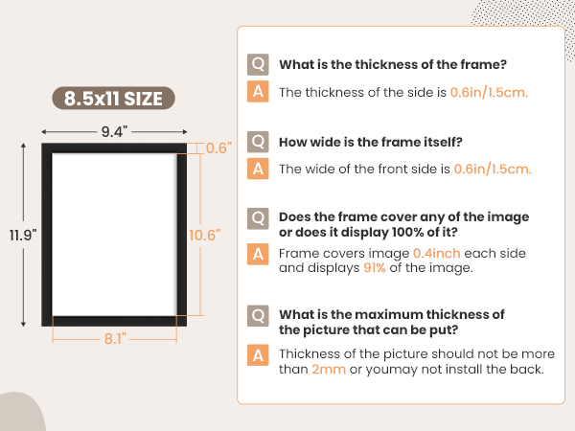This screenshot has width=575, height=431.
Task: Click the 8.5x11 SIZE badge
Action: [113, 99]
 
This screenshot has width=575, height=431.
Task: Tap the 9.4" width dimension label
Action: [114, 131]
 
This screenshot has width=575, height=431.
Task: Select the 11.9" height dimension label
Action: [23, 236]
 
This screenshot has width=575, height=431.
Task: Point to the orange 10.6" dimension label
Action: [205, 236]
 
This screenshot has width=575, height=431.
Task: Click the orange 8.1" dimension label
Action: [115, 339]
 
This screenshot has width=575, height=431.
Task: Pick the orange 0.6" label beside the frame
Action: [218, 148]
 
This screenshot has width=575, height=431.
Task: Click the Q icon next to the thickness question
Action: [258, 64]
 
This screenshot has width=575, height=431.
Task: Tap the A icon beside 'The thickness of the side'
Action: [258, 91]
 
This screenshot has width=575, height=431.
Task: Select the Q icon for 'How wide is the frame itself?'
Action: [258, 142]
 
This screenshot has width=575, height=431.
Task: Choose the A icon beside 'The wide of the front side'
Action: [258, 169]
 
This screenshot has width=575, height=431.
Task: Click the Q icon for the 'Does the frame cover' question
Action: [258, 218]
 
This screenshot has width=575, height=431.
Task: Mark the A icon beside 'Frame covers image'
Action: [258, 254]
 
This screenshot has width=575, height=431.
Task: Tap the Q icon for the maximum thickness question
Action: [258, 316]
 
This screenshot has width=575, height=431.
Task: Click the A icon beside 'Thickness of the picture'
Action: [258, 355]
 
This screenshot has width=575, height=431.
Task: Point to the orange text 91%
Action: [375, 268]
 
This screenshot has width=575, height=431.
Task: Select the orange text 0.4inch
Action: [437, 253]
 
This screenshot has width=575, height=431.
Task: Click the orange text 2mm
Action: [329, 369]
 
